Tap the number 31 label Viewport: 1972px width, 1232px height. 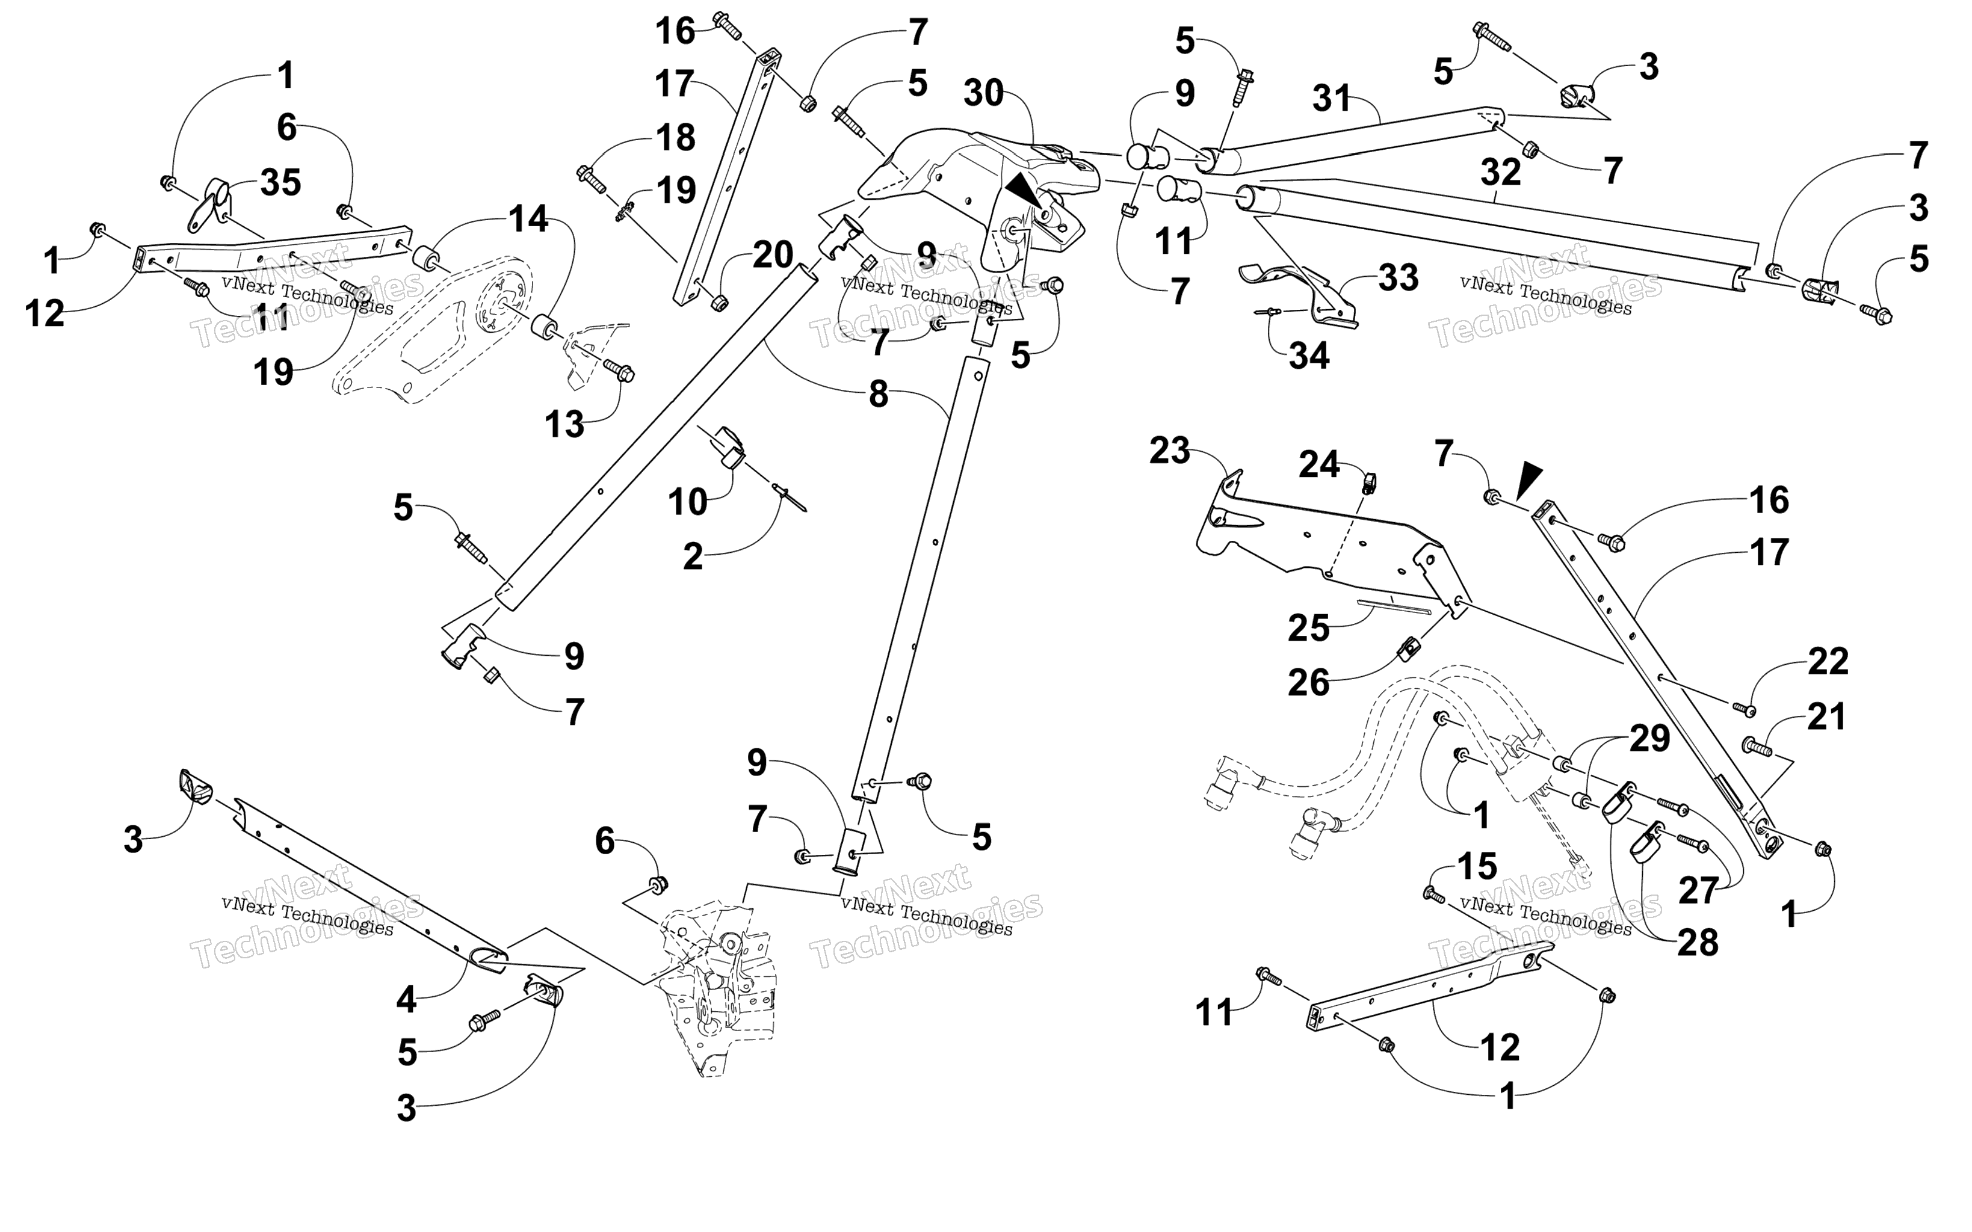pos(1332,99)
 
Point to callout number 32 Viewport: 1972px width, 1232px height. pos(1501,173)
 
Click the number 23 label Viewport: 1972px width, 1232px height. pos(1169,451)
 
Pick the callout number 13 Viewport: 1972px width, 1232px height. pos(564,425)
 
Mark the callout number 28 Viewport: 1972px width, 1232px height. pos(1698,943)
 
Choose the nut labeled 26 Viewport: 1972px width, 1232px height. pos(1409,650)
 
